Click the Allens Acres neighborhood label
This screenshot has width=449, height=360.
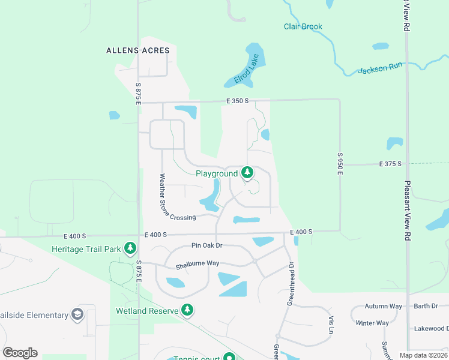(137, 50)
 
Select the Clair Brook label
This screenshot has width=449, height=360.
(303, 26)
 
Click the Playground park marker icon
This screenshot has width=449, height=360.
(247, 173)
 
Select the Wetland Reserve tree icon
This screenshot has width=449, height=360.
(188, 310)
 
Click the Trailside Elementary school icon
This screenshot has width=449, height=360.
(77, 314)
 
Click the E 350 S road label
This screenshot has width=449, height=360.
(237, 101)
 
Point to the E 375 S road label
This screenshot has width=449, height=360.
(390, 164)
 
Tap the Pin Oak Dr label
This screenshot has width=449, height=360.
(206, 245)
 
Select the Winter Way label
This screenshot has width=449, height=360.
(372, 323)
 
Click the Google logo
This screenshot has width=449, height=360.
(20, 353)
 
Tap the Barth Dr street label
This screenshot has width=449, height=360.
(426, 306)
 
